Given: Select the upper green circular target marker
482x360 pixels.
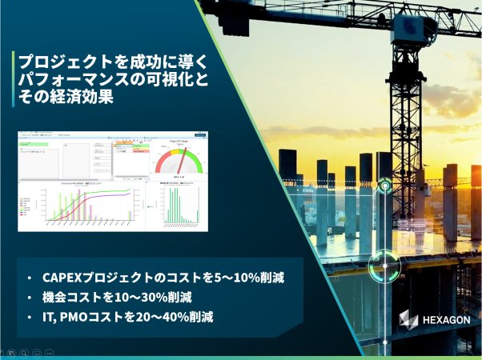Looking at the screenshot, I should [386, 186].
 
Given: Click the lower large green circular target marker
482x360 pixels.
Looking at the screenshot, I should [381, 266].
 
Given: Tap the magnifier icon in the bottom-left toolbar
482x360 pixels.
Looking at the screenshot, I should [26, 354].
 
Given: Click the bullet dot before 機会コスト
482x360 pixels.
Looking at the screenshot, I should [29, 298].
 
